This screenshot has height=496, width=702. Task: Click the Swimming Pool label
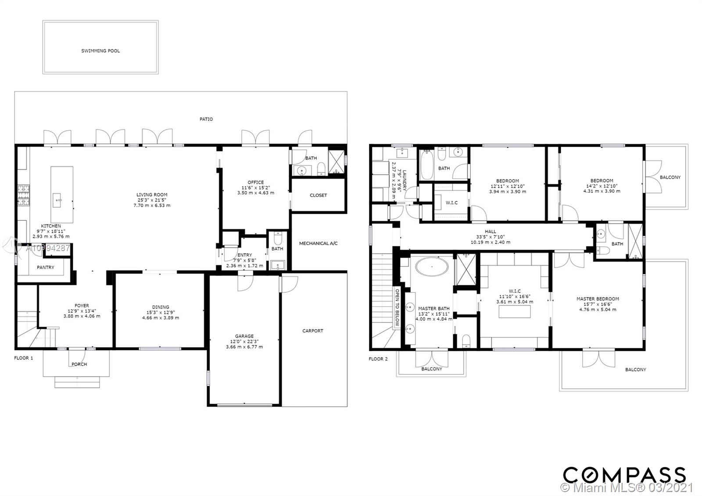click(100, 51)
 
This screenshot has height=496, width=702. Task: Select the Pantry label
click(46, 267)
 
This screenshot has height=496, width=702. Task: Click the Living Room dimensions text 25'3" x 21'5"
click(152, 200)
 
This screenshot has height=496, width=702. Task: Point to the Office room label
click(256, 182)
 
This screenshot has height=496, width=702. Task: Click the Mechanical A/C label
click(318, 243)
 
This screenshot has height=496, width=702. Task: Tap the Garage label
click(244, 336)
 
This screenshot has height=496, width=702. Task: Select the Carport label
click(312, 331)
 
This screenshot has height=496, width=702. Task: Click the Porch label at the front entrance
click(79, 364)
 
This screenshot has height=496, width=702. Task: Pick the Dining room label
click(161, 307)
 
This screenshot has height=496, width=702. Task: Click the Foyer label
click(82, 306)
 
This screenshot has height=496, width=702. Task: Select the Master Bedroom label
click(598, 299)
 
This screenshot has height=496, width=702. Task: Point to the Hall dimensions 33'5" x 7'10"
click(491, 237)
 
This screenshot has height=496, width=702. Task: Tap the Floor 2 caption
click(378, 359)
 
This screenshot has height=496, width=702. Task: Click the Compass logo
click(624, 475)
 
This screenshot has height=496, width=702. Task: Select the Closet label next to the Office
click(318, 195)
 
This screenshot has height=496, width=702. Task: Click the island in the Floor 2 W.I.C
click(514, 312)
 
